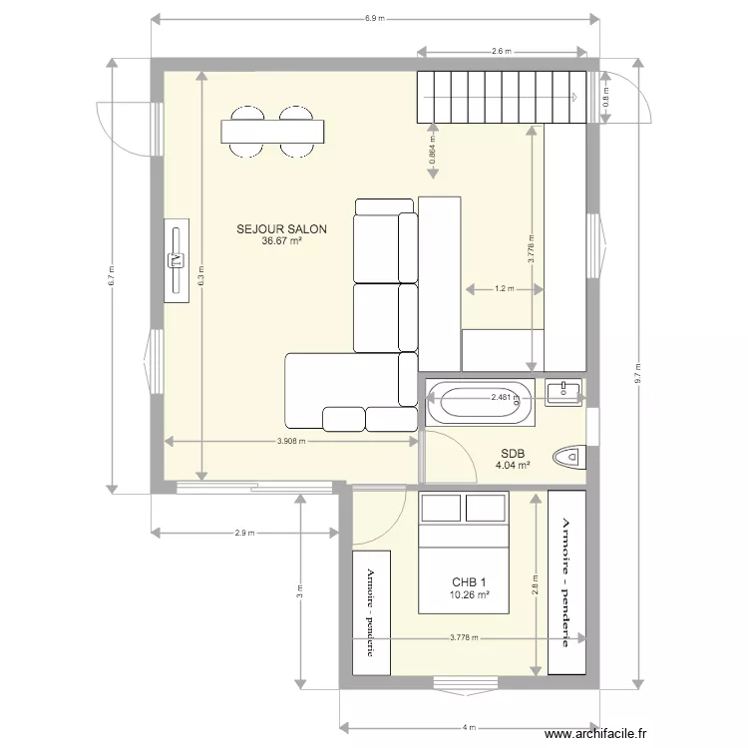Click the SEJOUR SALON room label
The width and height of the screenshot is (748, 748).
coord(281,228)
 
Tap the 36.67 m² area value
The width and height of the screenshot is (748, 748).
coord(281,241)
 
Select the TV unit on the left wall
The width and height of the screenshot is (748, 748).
coord(177,260)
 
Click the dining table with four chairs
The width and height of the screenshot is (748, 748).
coord(273,132)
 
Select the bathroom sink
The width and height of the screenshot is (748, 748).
coord(565,393)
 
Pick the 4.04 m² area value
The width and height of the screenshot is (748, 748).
coord(513,464)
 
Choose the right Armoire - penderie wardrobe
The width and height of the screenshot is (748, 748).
coord(566,581)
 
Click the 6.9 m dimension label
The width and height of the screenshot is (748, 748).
coord(375,18)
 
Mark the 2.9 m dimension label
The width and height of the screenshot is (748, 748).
coord(243,533)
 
